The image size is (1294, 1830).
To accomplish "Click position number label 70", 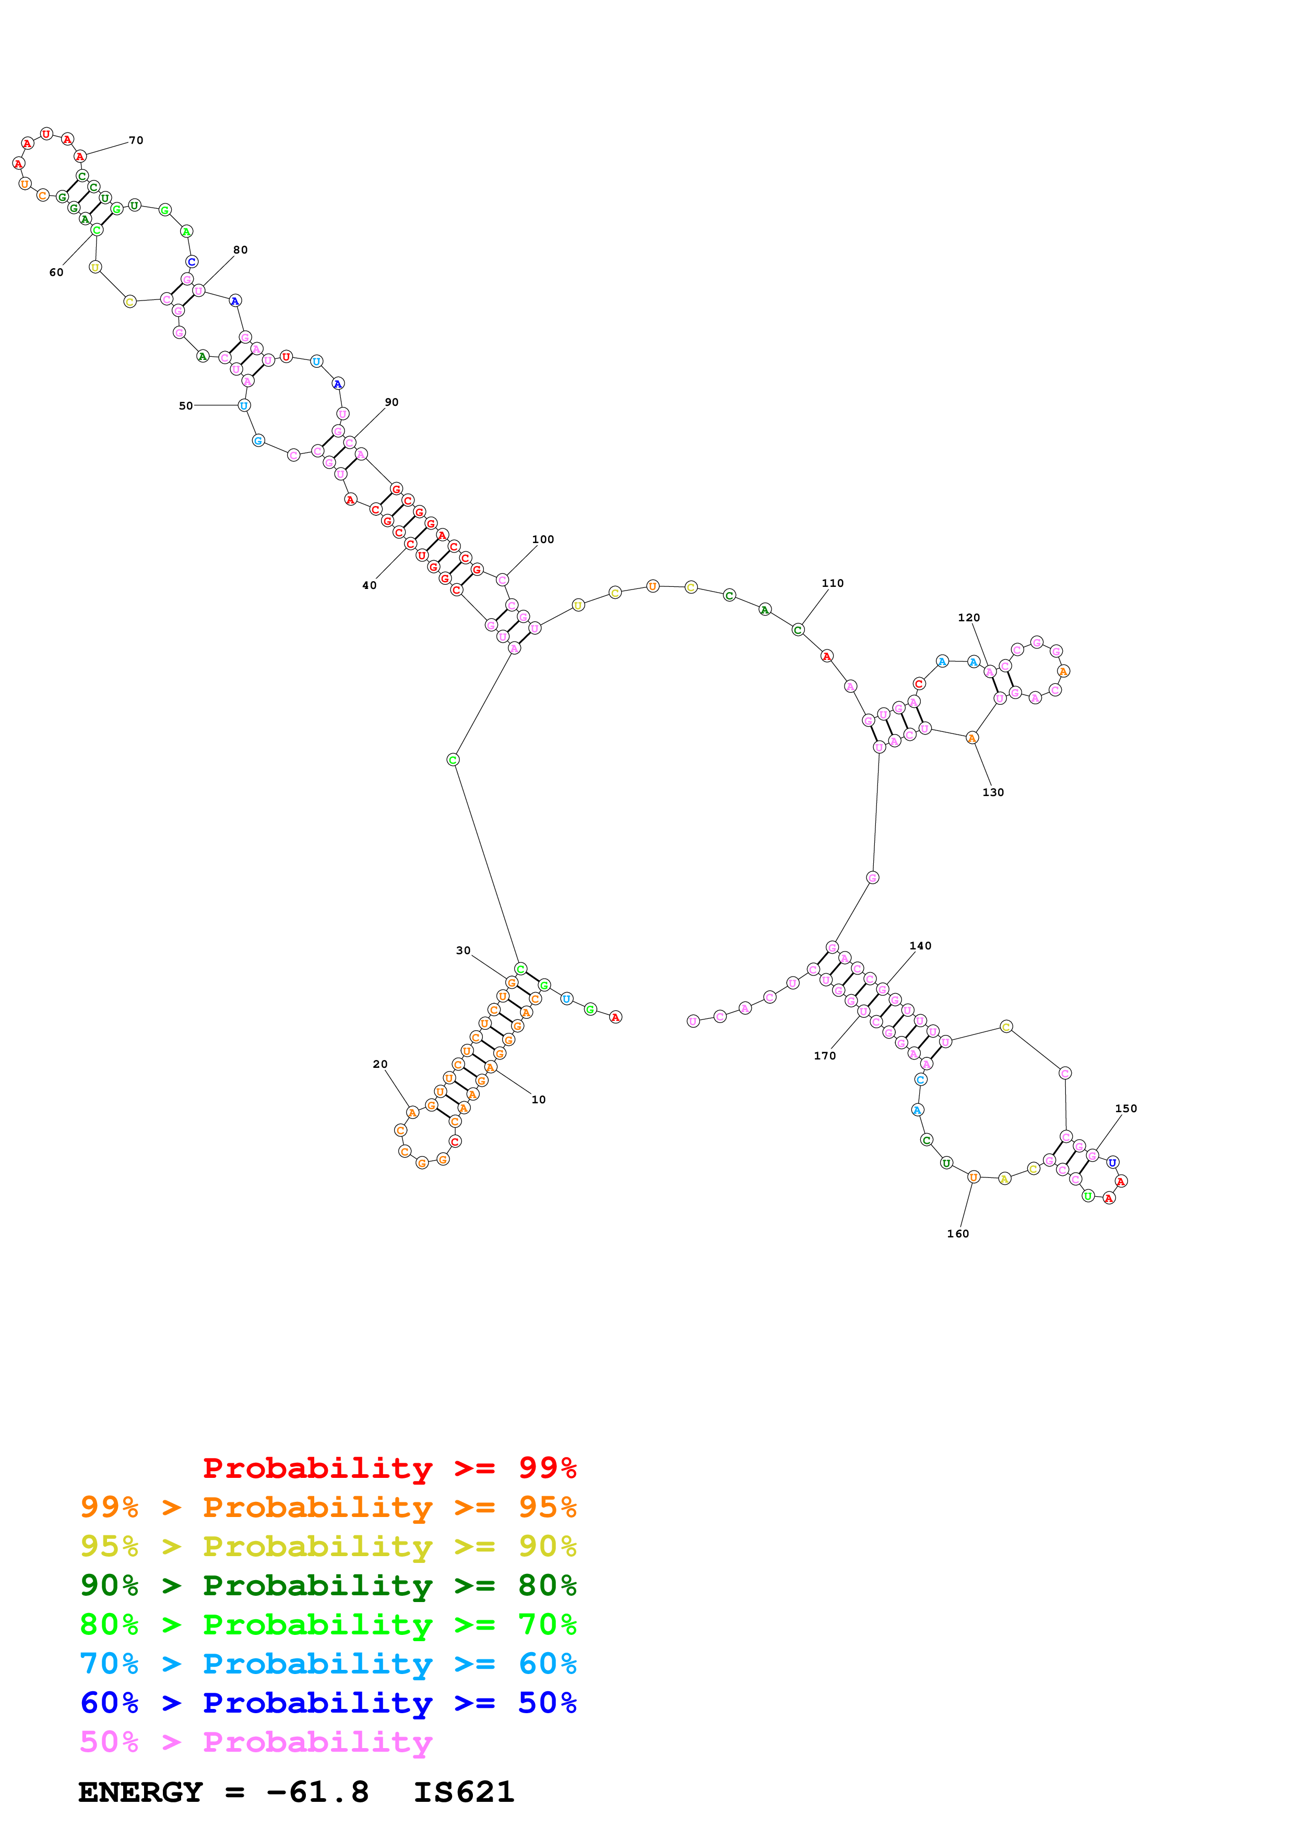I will pyautogui.click(x=136, y=140).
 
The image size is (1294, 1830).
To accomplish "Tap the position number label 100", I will pyautogui.click(x=543, y=539).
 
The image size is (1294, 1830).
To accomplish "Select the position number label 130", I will pyautogui.click(x=993, y=792).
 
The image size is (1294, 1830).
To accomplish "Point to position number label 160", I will pyautogui.click(x=957, y=1234).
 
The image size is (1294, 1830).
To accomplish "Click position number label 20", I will pyautogui.click(x=381, y=1064).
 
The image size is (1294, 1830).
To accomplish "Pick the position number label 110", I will pyautogui.click(x=833, y=583).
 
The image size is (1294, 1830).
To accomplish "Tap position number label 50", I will pyautogui.click(x=186, y=406).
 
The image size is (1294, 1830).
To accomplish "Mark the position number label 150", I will pyautogui.click(x=1126, y=1109).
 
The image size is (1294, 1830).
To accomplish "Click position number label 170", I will pyautogui.click(x=824, y=1056).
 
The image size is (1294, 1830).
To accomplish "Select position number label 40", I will pyautogui.click(x=369, y=585).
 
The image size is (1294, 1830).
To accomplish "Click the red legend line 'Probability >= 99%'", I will pyautogui.click(x=389, y=1467).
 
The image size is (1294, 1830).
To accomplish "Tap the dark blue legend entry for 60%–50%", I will pyautogui.click(x=328, y=1703).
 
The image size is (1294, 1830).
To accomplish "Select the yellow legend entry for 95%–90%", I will pyautogui.click(x=328, y=1546).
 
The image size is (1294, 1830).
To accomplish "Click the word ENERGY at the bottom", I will pyautogui.click(x=140, y=1792).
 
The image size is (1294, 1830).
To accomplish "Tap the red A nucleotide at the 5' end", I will pyautogui.click(x=615, y=1017).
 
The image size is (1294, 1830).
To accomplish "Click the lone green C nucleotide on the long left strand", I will pyautogui.click(x=453, y=760).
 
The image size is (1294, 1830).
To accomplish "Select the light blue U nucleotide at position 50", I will pyautogui.click(x=244, y=406).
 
